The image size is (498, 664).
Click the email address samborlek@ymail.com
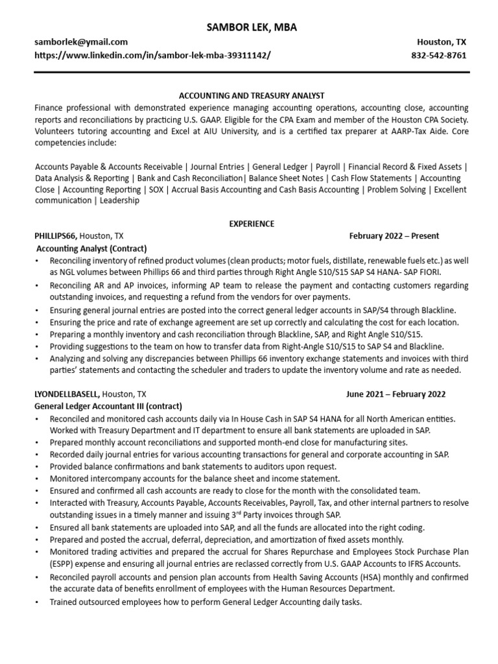click(x=81, y=41)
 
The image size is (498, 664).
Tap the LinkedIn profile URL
click(x=152, y=55)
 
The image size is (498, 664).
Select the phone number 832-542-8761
click(x=438, y=55)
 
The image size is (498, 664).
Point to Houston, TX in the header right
click(x=441, y=41)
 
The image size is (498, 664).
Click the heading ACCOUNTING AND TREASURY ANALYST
click(x=251, y=95)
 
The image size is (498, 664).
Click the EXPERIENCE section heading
click(x=251, y=224)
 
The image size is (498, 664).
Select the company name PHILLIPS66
click(x=56, y=236)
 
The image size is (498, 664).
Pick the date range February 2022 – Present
click(x=394, y=236)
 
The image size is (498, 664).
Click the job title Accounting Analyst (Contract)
click(x=91, y=248)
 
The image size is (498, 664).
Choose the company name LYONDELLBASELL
click(x=67, y=394)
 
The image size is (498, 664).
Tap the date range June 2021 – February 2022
click(x=396, y=394)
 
